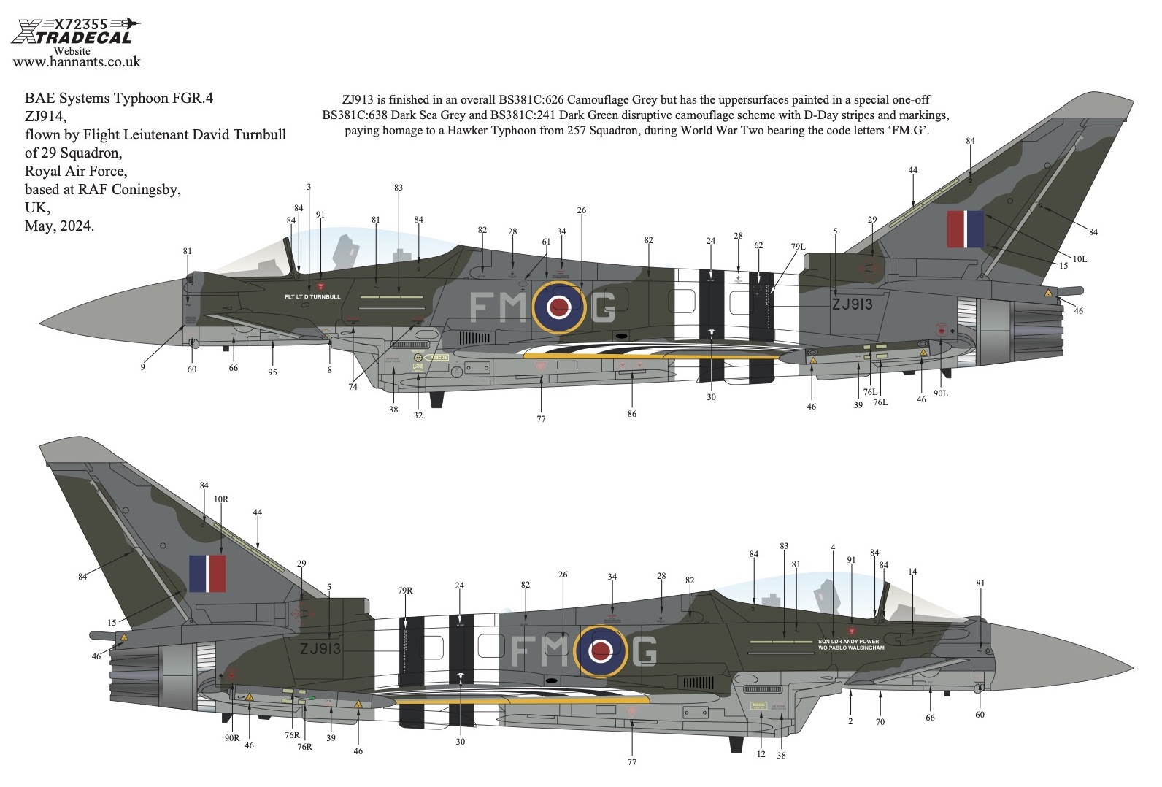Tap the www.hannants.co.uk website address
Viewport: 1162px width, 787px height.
point(77,62)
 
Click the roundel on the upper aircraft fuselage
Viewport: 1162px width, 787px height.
point(559,307)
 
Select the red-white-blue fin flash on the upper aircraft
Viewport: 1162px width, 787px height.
point(965,229)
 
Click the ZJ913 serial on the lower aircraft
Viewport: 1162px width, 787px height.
point(320,648)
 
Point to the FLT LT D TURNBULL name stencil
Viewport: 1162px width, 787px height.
point(312,297)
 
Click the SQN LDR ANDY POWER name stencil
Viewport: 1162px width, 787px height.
point(848,642)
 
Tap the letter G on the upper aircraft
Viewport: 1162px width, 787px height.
point(604,307)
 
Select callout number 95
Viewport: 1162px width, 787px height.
point(272,372)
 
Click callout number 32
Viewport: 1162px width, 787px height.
point(418,415)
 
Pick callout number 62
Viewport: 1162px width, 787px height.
point(758,245)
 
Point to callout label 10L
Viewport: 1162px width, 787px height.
point(1080,259)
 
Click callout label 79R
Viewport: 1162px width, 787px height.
point(405,591)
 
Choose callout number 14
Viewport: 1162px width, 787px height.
point(912,572)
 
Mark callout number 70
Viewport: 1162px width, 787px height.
point(880,722)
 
